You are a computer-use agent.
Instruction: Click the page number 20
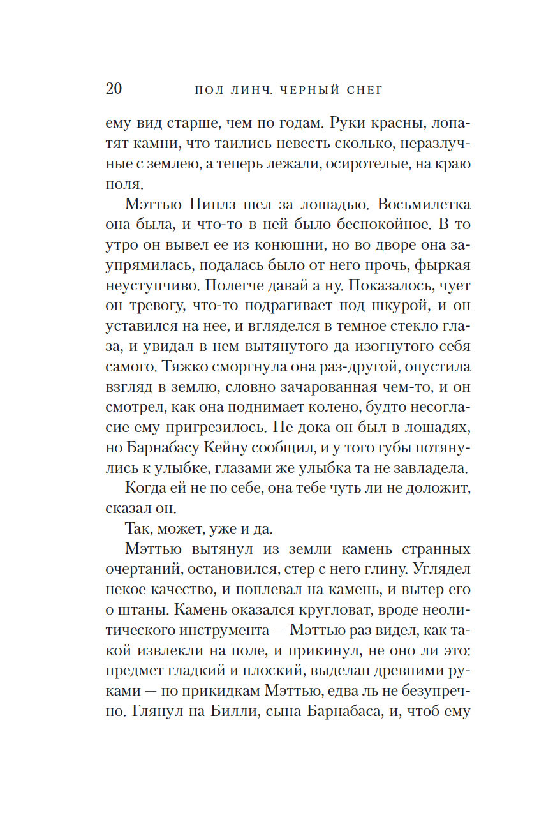(x=114, y=88)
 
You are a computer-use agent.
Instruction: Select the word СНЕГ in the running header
(x=362, y=90)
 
